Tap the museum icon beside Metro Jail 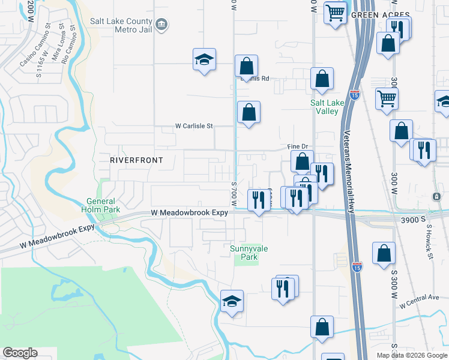pos(161,25)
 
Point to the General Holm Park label pos(100,205)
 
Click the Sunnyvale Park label pos(245,253)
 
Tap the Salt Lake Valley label pos(327,107)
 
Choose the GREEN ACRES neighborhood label pos(380,14)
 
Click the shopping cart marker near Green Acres pos(335,12)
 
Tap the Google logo pos(20,353)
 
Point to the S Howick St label pos(430,242)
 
